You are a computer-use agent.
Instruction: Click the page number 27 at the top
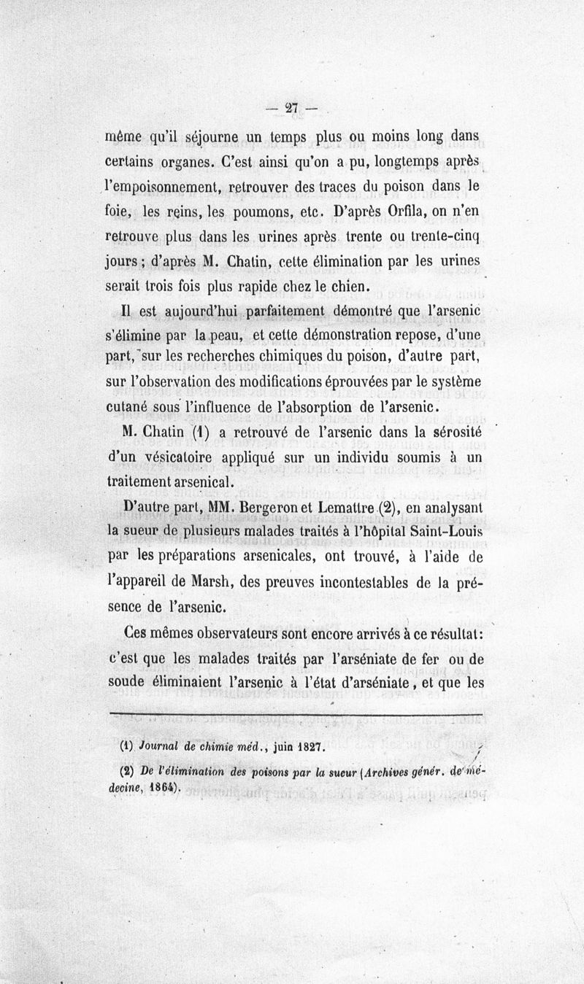[293, 108]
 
